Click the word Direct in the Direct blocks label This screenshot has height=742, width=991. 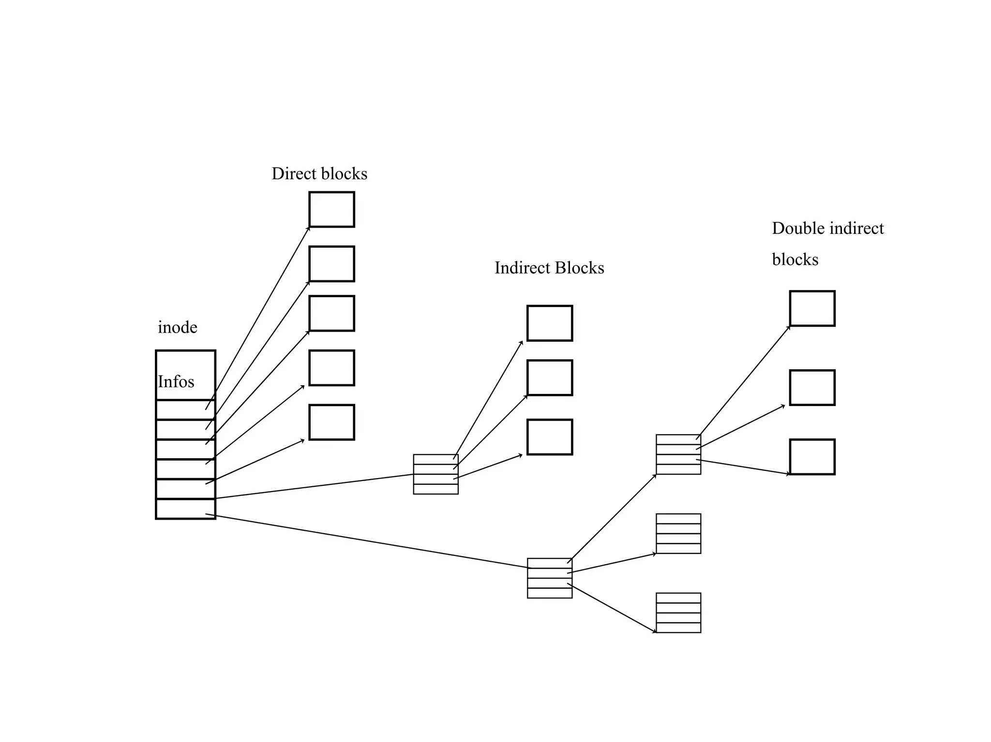point(292,174)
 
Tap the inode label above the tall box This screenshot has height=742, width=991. point(178,328)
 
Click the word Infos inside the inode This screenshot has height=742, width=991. point(176,382)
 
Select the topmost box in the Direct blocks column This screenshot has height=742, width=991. point(331,209)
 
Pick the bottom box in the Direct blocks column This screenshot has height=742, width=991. point(331,422)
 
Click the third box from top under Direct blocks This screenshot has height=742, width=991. point(331,313)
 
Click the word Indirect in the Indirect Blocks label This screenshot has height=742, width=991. point(522,268)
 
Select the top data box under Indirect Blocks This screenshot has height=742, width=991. point(550,323)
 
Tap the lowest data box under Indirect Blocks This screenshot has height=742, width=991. point(550,437)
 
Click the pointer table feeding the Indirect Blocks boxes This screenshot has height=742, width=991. point(435,474)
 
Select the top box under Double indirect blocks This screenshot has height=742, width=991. point(812,308)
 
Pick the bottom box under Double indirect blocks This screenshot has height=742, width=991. point(812,457)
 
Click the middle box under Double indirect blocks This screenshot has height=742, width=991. point(812,388)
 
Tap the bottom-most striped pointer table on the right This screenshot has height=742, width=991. point(678,613)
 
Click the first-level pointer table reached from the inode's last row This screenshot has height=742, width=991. point(550,578)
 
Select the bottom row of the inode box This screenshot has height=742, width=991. point(185,509)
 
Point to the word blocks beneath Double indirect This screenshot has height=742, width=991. point(795,260)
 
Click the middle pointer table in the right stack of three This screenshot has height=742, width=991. point(678,534)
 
